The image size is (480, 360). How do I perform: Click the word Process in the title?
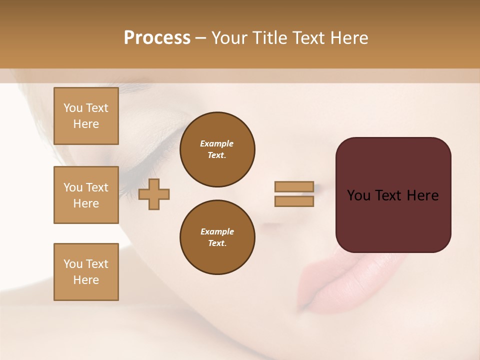point(157,38)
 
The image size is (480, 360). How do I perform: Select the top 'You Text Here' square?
point(86,116)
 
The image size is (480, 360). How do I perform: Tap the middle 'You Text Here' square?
point(86,195)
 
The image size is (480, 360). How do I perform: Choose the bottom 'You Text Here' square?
point(86,272)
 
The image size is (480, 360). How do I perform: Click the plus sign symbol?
point(154,194)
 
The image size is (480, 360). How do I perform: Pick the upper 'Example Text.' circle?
point(217,149)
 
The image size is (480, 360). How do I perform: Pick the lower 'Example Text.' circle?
point(217,237)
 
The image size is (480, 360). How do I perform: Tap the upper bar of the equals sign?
point(294,187)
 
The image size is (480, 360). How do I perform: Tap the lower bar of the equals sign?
point(294,201)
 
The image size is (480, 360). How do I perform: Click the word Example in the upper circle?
point(217,143)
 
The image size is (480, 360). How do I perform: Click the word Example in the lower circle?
point(217,231)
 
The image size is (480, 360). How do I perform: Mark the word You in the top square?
point(72,108)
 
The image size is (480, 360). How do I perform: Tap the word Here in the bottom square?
point(86,280)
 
